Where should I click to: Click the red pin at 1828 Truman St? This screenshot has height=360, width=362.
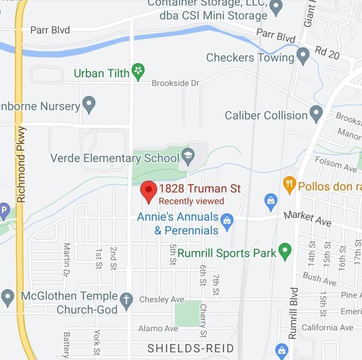(x=148, y=191)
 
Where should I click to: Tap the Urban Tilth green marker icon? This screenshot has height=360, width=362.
(x=137, y=72)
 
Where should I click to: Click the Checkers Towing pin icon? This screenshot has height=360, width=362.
(x=303, y=56)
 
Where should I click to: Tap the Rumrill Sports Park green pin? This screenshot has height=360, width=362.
(x=285, y=250)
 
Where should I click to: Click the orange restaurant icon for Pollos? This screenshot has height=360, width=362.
(x=290, y=184)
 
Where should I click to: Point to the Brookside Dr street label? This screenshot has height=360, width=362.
(x=175, y=83)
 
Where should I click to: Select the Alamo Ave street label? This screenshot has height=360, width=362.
(x=158, y=328)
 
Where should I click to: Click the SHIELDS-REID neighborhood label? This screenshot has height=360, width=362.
(x=191, y=348)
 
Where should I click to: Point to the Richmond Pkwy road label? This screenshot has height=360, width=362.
(x=22, y=164)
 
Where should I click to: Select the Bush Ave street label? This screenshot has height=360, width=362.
(x=320, y=278)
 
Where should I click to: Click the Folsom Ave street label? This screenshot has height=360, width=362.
(x=343, y=165)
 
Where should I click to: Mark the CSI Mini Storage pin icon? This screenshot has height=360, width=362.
(x=276, y=8)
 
